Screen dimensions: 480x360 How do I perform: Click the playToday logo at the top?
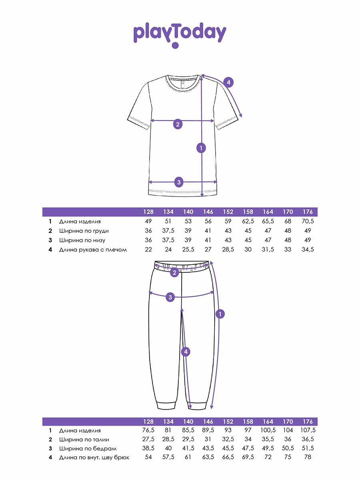(180, 34)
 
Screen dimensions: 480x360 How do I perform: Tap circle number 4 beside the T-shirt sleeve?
(228, 82)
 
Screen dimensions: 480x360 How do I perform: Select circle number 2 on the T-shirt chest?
(178, 124)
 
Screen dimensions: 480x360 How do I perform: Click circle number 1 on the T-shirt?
(202, 148)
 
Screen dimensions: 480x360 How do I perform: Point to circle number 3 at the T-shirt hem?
(179, 182)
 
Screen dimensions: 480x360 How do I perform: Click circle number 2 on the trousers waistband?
(174, 273)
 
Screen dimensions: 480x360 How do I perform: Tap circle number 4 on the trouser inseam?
(185, 352)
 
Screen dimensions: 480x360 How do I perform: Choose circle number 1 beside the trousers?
(220, 314)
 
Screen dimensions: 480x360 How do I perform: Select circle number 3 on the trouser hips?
(170, 297)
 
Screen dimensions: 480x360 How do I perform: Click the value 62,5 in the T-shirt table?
(248, 221)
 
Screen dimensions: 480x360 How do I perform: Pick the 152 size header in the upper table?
(228, 212)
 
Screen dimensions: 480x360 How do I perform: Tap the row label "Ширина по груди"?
(84, 231)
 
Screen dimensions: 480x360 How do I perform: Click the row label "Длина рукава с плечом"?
(93, 250)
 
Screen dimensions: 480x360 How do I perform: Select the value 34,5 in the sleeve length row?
(308, 250)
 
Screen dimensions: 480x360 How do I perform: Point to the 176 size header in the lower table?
(308, 422)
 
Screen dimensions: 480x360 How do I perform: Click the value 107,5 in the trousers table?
(308, 430)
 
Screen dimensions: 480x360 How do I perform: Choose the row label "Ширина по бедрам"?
(88, 448)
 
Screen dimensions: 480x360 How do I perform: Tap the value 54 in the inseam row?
(148, 457)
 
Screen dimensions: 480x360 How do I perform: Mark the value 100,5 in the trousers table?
(268, 430)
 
